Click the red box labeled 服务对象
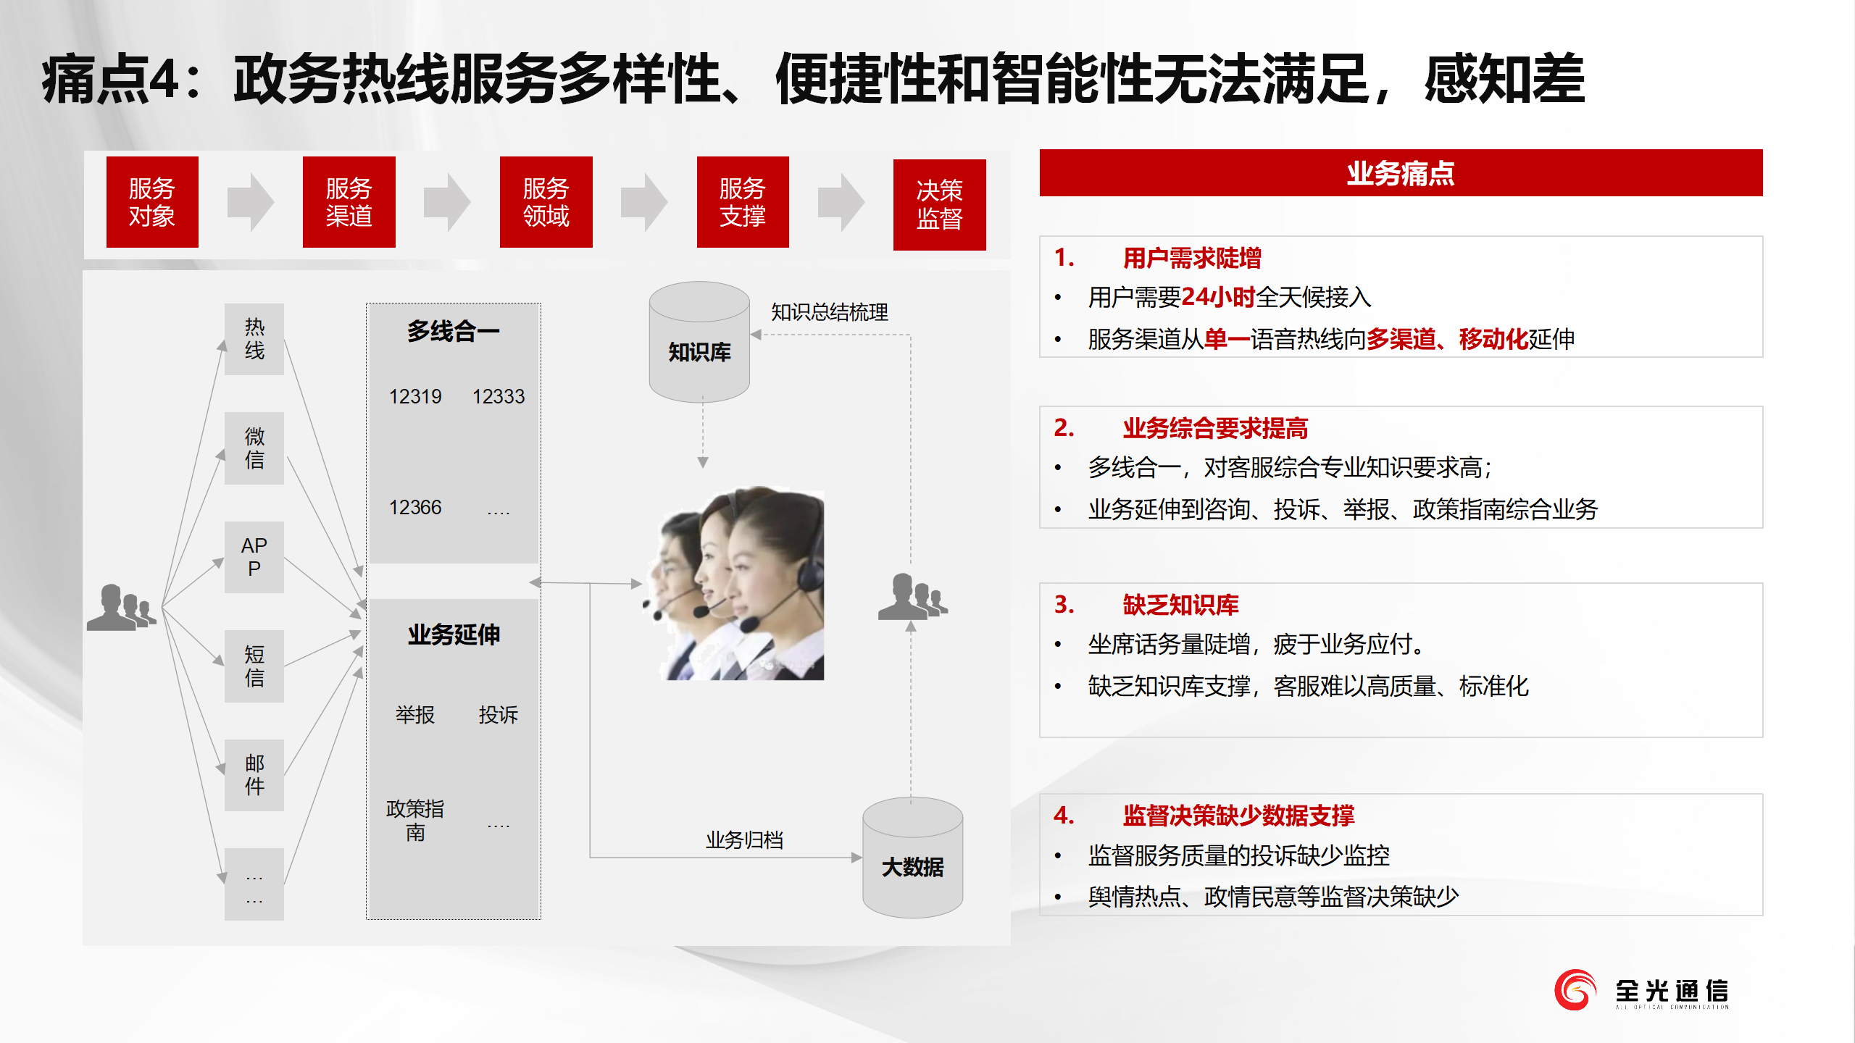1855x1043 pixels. click(x=152, y=202)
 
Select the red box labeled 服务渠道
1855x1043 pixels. click(x=349, y=202)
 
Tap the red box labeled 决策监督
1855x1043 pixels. click(x=940, y=205)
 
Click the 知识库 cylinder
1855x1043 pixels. click(x=699, y=342)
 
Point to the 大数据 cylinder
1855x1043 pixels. click(x=913, y=858)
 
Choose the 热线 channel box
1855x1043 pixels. click(x=254, y=339)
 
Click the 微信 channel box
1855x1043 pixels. click(x=254, y=448)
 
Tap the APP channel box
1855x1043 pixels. click(x=254, y=557)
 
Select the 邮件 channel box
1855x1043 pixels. click(x=254, y=775)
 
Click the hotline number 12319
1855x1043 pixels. click(x=415, y=397)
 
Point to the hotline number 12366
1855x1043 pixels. click(x=415, y=508)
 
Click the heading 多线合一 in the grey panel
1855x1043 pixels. click(x=454, y=332)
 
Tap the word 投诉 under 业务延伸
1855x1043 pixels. click(x=499, y=715)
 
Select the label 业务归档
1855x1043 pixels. click(x=745, y=840)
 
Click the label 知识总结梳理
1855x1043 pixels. click(x=830, y=312)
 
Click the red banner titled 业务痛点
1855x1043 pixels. click(x=1401, y=173)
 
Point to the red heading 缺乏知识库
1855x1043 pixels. click(x=1181, y=605)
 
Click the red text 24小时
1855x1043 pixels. click(x=1218, y=297)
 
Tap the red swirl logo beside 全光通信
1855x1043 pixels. click(x=1575, y=990)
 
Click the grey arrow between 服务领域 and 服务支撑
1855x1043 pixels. click(x=644, y=202)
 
